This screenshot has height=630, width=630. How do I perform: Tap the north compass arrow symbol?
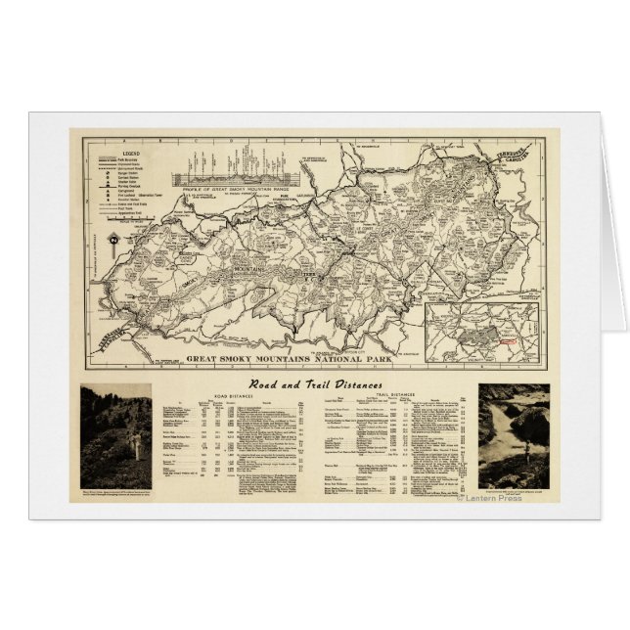coord(115,239)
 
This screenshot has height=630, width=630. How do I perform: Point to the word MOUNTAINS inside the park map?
coord(233,265)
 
